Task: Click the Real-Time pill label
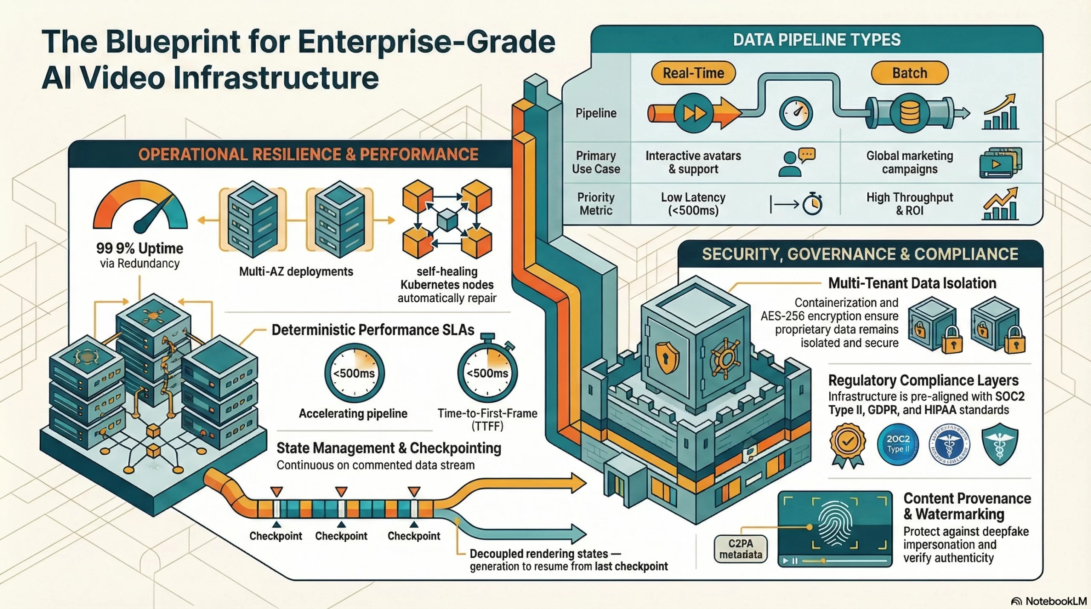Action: click(693, 73)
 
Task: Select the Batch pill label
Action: click(909, 73)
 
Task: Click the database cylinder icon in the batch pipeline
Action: click(909, 113)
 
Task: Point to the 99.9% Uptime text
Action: click(140, 248)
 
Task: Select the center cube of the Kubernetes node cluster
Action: click(447, 221)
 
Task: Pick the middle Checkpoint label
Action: click(341, 536)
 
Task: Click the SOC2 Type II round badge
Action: click(898, 444)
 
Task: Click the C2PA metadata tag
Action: click(741, 549)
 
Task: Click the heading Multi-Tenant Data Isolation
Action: click(912, 283)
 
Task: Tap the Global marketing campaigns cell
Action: click(909, 162)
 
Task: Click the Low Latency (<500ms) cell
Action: click(693, 204)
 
